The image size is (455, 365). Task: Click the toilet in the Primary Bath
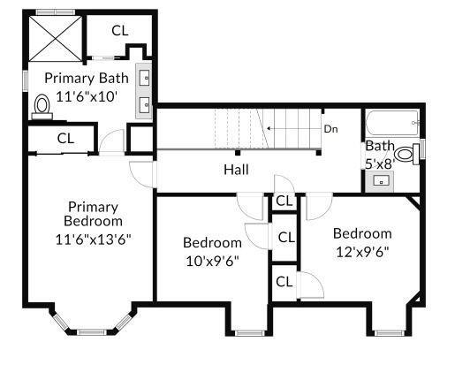click(42, 107)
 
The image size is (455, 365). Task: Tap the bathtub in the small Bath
click(392, 123)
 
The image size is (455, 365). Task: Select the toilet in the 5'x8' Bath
click(406, 154)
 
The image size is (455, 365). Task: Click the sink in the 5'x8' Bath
click(381, 180)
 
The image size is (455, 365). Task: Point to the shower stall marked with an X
click(56, 39)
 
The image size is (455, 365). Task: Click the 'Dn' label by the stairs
click(330, 129)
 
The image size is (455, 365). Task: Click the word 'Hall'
click(236, 170)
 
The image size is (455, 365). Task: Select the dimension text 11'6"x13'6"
click(93, 240)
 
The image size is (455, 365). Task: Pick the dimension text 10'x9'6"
click(212, 261)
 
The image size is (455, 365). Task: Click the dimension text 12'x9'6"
click(362, 252)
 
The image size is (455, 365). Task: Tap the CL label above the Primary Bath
click(120, 31)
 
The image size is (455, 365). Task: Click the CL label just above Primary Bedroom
click(65, 139)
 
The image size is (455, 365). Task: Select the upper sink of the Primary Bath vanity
click(144, 78)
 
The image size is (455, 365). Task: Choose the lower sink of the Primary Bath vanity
click(144, 105)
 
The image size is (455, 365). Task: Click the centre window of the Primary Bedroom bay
click(92, 332)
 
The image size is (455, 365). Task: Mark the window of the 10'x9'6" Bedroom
click(249, 333)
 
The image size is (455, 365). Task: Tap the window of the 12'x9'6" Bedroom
click(390, 333)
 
